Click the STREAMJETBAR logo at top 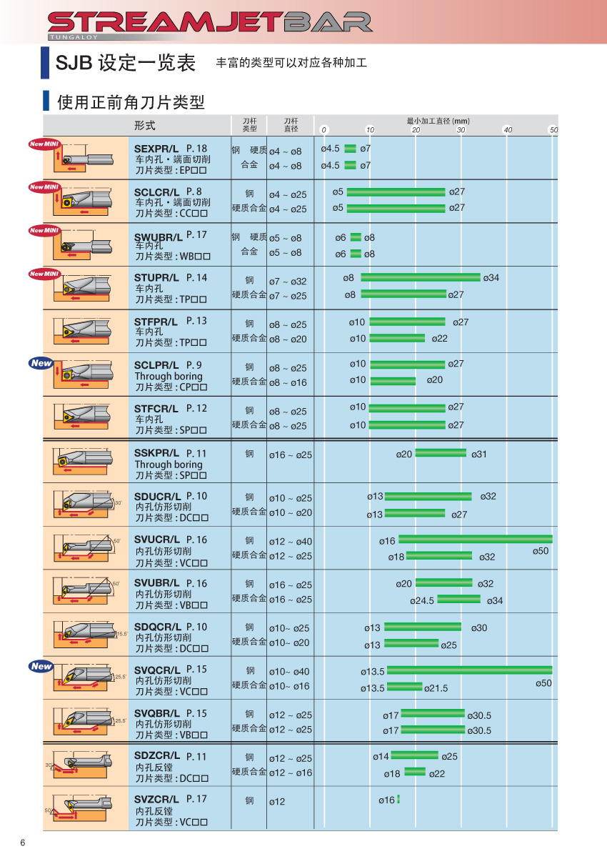[210, 23]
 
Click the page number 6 [23, 842]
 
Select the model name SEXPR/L [156, 148]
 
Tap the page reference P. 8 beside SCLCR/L [194, 192]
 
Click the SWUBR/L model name [156, 235]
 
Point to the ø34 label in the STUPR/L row [491, 277]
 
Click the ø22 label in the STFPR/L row [440, 338]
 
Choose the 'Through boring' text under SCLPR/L [169, 376]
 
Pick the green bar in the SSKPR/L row [440, 452]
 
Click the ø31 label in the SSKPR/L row [479, 455]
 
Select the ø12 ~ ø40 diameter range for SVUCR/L [289, 542]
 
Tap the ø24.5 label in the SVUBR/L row [422, 600]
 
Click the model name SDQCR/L [156, 627]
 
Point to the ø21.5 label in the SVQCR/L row [436, 688]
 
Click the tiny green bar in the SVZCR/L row [398, 799]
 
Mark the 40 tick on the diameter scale [508, 130]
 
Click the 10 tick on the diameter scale [370, 130]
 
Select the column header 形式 [144, 126]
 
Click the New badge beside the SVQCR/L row [41, 666]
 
